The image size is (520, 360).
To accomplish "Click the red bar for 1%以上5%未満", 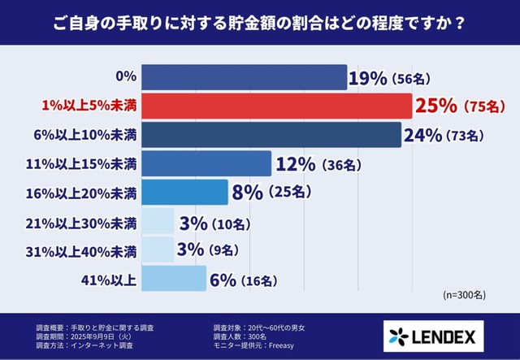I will tap(277, 106).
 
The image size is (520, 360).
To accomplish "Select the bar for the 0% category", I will tap(245, 77).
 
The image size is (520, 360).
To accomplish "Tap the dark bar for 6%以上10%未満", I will tap(271, 134).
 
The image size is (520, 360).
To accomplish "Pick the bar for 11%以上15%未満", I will tap(206, 163).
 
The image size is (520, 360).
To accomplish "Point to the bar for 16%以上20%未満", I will tap(184, 192).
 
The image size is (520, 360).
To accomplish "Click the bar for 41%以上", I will tap(174, 279).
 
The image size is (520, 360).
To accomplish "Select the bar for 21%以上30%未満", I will tap(158, 222).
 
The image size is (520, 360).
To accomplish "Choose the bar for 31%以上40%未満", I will tap(158, 250).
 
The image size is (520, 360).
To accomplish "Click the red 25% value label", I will tap(436, 106).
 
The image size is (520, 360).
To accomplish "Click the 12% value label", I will tap(295, 164).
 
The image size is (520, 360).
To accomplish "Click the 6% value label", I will tap(222, 280).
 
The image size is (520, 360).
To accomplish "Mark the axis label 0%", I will tap(125, 77).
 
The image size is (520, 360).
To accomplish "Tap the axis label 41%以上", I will tap(108, 280).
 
